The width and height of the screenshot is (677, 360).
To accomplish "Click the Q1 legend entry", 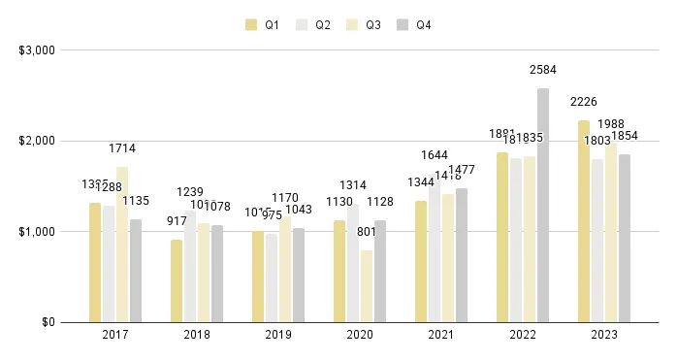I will (x=265, y=24).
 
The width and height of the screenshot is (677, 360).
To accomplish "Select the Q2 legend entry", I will (x=315, y=24).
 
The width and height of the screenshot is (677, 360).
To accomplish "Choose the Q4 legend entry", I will (x=415, y=24).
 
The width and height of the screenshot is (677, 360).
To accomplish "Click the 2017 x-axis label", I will (x=114, y=335).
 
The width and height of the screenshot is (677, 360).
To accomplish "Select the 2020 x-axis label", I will (x=360, y=335).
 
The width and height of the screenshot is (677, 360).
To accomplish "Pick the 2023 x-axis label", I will (x=604, y=335).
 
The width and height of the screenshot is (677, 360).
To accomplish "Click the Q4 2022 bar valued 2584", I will (x=543, y=206).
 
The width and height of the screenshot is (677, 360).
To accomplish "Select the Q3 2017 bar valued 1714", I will (x=122, y=245).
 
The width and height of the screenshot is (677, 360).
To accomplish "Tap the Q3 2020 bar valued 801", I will (x=367, y=286).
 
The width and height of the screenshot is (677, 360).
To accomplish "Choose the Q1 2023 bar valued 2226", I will (x=584, y=221).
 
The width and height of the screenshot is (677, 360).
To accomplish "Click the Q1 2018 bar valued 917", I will (x=177, y=280).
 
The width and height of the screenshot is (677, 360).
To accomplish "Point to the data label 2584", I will (x=543, y=70).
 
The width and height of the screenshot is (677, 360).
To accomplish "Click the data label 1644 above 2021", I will (x=435, y=155).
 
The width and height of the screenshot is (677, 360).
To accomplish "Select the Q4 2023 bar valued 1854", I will (x=625, y=239).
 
